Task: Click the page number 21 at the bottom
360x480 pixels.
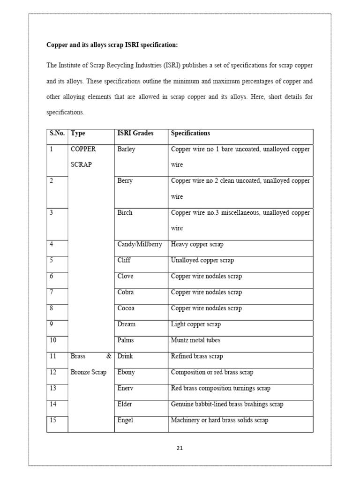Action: pos(180,448)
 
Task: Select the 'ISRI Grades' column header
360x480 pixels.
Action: pos(135,133)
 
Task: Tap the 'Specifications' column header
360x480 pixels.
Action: pos(190,133)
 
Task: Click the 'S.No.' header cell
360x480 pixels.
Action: pos(57,133)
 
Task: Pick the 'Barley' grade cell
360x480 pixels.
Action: pos(126,149)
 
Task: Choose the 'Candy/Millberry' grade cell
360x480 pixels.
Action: pos(140,244)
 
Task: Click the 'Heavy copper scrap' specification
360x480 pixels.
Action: pos(197,244)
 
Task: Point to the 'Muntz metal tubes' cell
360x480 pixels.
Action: pos(195,340)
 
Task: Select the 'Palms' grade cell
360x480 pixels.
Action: pos(126,340)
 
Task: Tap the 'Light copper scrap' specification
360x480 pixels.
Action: pos(195,324)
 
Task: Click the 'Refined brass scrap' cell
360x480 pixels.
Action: pos(197,356)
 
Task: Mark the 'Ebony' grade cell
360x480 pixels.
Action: pos(126,372)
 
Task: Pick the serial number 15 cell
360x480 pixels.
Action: pos(53,420)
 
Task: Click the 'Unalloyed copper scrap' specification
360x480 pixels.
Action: pos(202,260)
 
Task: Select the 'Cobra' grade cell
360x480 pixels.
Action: pos(126,292)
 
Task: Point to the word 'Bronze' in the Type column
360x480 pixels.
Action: pos(81,372)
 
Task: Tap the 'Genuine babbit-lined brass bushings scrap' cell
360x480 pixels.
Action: pos(227,404)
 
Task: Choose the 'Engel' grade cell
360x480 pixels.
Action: pos(125,420)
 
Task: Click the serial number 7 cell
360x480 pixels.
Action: pos(52,292)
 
